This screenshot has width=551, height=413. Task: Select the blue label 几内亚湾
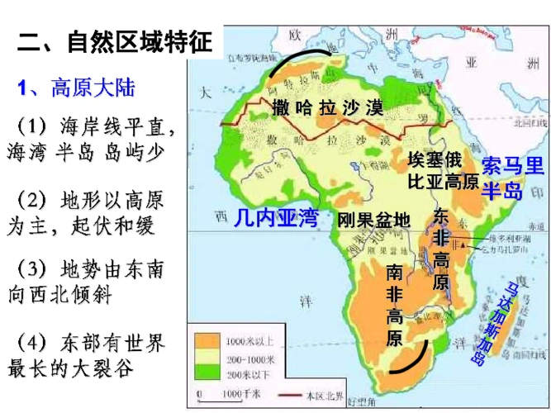(275, 217)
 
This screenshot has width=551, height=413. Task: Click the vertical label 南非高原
(394, 303)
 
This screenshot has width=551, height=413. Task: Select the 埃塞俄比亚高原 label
(443, 170)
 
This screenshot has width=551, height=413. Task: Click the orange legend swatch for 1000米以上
(207, 339)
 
